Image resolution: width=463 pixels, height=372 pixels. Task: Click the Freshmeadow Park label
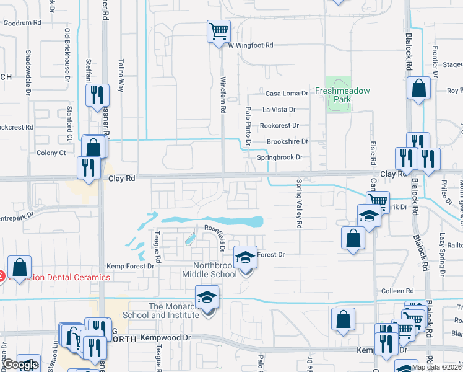pyautogui.click(x=342, y=95)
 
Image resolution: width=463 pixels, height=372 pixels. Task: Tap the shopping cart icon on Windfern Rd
pyautogui.click(x=219, y=30)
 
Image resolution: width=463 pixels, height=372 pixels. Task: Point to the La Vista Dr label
pyautogui.click(x=279, y=109)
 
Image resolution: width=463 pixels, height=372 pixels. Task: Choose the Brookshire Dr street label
pyautogui.click(x=287, y=141)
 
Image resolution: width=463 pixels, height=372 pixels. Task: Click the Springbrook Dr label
pyautogui.click(x=279, y=157)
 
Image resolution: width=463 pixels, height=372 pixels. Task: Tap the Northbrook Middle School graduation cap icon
pyautogui.click(x=246, y=257)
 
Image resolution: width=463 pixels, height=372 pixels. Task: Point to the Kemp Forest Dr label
pyautogui.click(x=130, y=266)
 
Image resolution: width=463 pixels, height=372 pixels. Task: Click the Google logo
pyautogui.click(x=20, y=365)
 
